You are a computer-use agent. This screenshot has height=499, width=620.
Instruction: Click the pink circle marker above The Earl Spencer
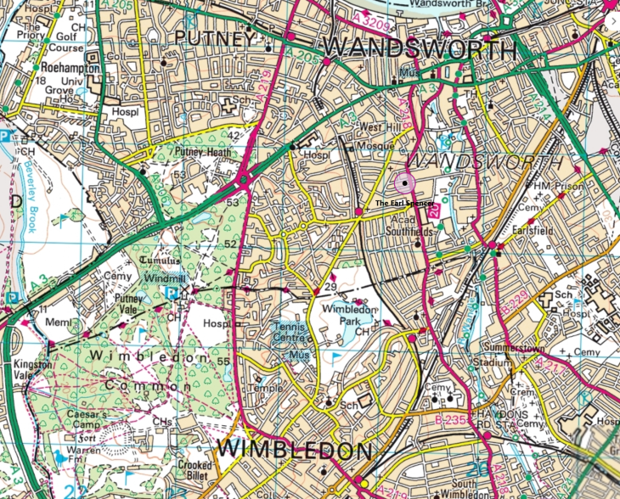coord(403,182)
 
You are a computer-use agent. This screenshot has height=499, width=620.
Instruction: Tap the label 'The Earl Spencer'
coord(404,205)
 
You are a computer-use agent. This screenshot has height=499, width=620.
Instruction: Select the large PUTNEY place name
coord(214,39)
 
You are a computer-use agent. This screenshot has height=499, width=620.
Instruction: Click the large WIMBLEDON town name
coord(295,449)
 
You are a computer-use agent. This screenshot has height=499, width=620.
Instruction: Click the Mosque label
coord(379,145)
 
